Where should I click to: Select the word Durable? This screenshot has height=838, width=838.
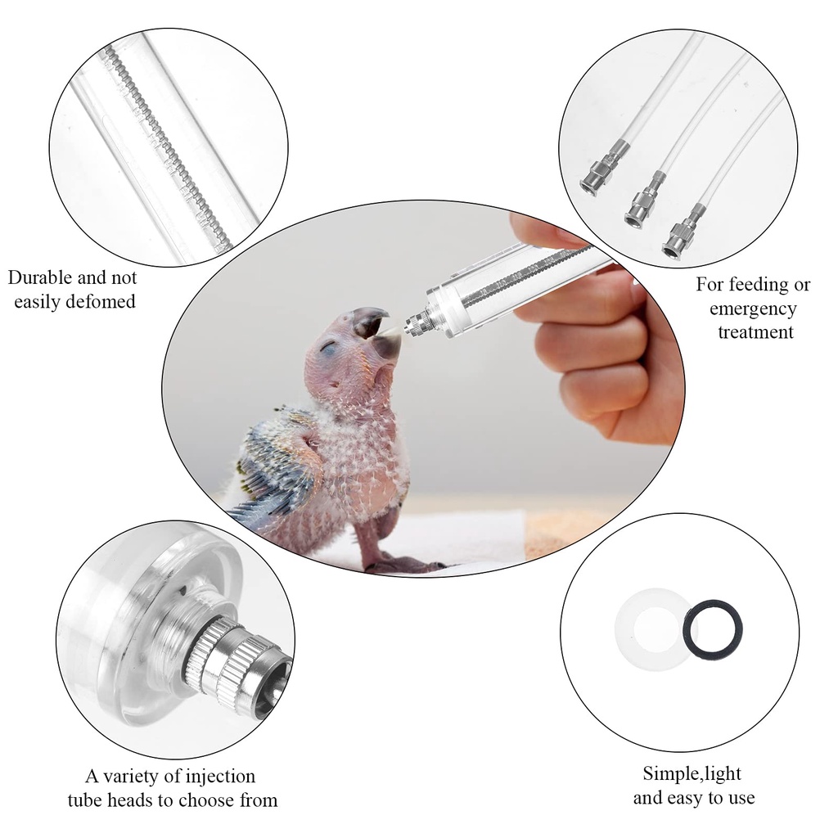40,278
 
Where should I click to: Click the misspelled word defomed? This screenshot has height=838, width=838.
102,302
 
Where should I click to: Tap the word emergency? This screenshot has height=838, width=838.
753,309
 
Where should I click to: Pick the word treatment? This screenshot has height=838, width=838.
755,332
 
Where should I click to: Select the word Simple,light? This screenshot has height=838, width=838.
692,774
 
